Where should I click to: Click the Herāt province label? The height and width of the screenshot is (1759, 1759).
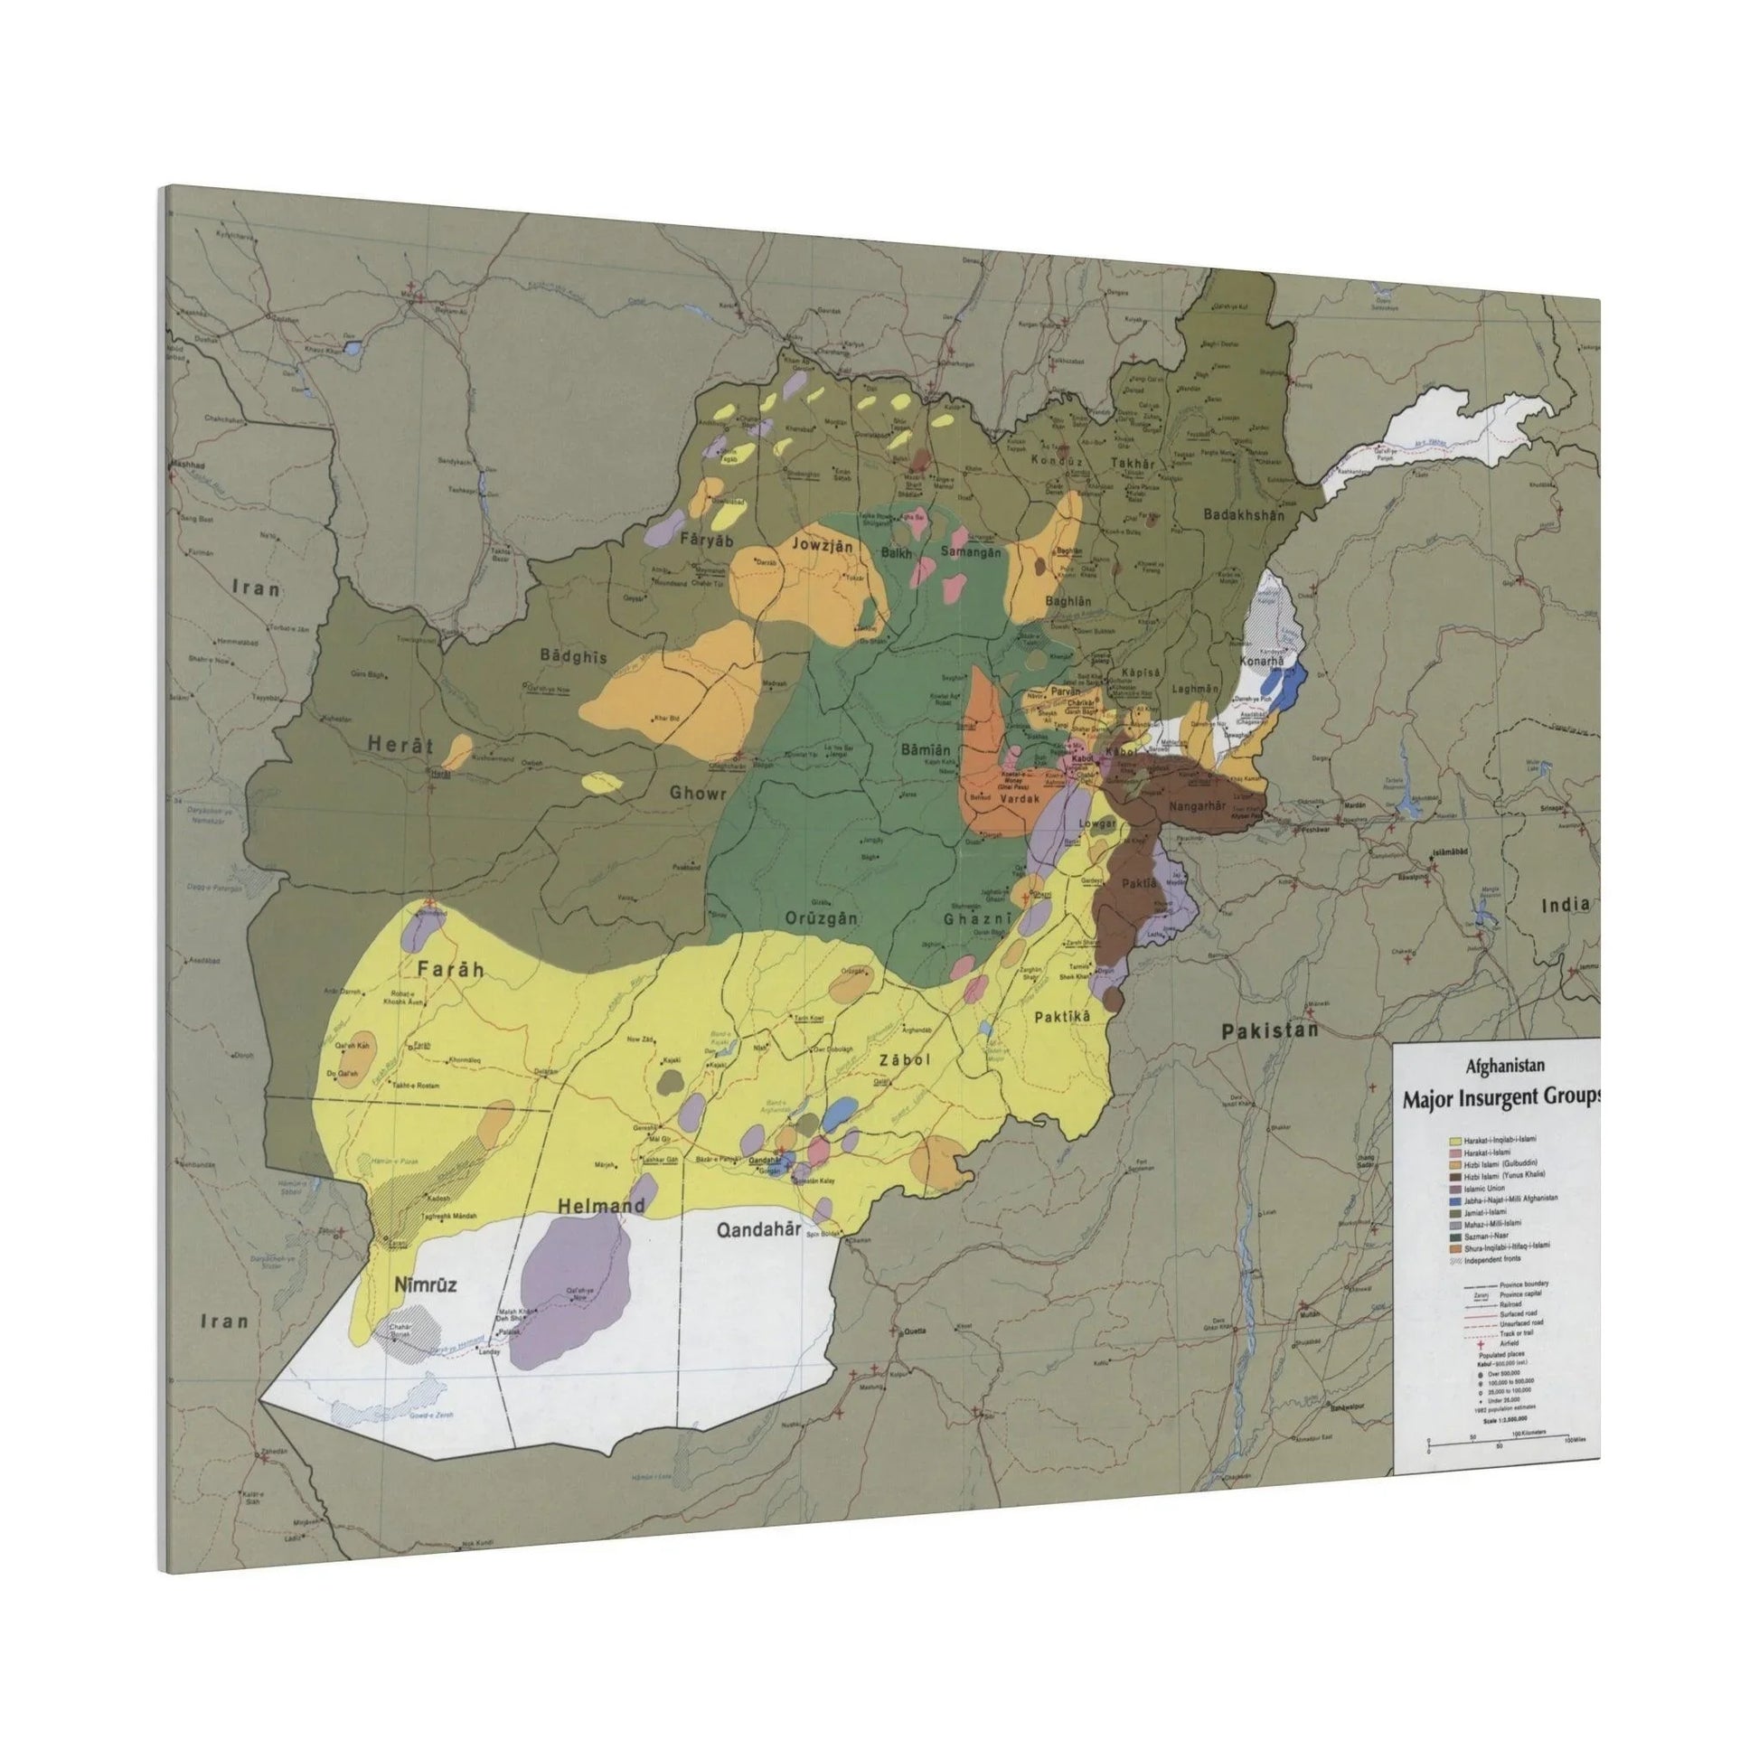400,744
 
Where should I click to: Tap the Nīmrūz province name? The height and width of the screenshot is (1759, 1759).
424,1284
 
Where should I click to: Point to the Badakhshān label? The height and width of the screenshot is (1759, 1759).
1244,514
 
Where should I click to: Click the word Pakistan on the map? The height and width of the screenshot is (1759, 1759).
1270,1030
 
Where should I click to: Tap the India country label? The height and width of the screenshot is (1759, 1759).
1566,904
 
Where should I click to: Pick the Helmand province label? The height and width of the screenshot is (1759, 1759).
601,1206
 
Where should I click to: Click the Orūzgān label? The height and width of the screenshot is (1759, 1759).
823,917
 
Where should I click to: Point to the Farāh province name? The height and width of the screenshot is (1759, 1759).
450,970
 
